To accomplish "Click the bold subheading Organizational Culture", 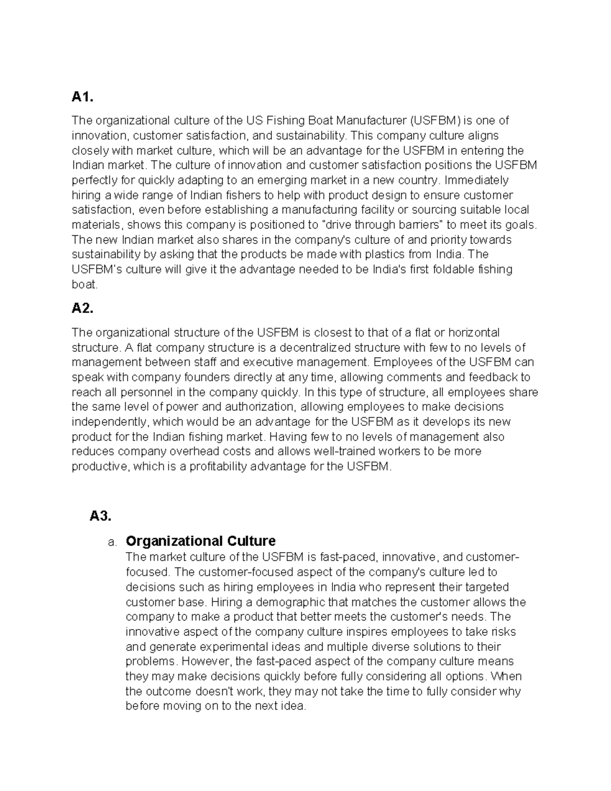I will coord(201,541).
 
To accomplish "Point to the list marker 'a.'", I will coord(113,542).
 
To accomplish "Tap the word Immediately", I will coord(476,180).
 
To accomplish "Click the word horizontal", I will coord(474,333).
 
